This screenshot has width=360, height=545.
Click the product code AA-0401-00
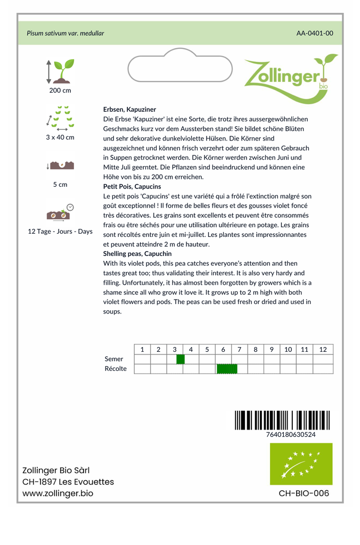pyautogui.click(x=315, y=33)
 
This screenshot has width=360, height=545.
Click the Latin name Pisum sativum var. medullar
pyautogui.click(x=66, y=33)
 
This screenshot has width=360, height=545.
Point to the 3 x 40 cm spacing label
pyautogui.click(x=60, y=137)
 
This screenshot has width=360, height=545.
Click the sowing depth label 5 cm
pyautogui.click(x=60, y=185)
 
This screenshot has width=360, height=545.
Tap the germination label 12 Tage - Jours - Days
pyautogui.click(x=60, y=232)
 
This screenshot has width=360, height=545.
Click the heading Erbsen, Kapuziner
pyautogui.click(x=126, y=109)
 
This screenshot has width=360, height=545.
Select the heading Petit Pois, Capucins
pyautogui.click(x=132, y=187)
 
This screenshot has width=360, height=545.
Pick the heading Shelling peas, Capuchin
pyautogui.click(x=137, y=254)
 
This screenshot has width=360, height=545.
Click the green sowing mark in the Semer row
pyautogui.click(x=181, y=359)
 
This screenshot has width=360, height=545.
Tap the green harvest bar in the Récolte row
pyautogui.click(x=227, y=369)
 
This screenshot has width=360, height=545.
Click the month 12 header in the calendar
pyautogui.click(x=323, y=350)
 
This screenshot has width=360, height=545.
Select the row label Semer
pyautogui.click(x=114, y=359)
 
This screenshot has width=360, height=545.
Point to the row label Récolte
pyautogui.click(x=116, y=369)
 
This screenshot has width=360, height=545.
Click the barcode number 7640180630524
pyautogui.click(x=290, y=434)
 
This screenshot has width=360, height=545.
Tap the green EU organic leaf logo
pyautogui.click(x=301, y=464)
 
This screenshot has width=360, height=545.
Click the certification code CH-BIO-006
pyautogui.click(x=304, y=493)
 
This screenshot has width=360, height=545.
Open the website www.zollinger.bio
pyautogui.click(x=58, y=493)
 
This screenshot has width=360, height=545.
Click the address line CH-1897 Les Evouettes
pyautogui.click(x=68, y=482)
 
